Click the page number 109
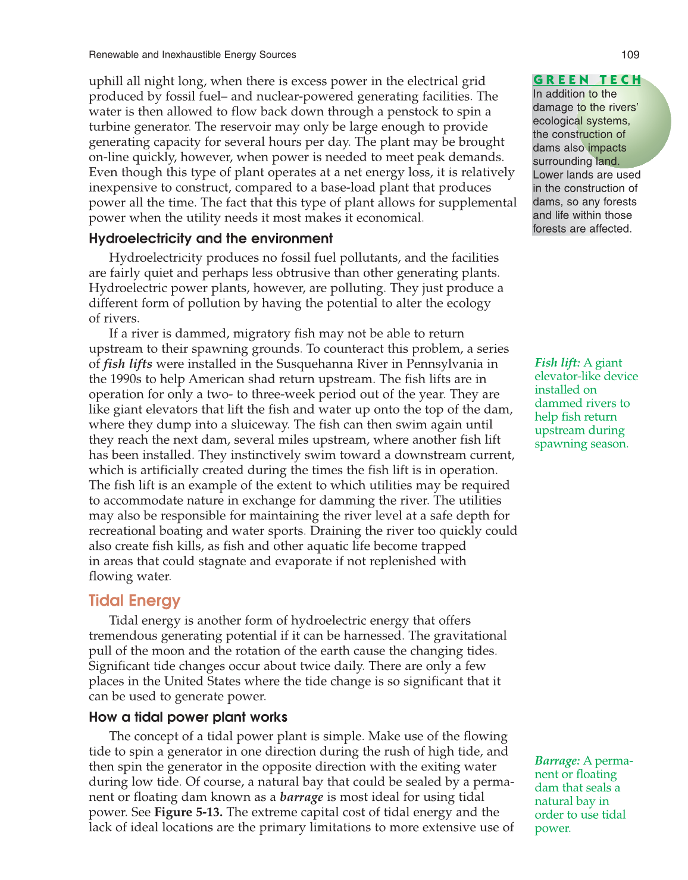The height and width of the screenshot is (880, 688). (630, 55)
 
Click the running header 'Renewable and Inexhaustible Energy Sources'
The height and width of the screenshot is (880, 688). (192, 55)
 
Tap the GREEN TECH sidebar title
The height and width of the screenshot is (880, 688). (587, 80)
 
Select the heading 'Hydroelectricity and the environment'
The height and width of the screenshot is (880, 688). (211, 239)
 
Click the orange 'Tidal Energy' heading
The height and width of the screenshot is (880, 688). (135, 600)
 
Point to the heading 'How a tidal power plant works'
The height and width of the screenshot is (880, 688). (188, 717)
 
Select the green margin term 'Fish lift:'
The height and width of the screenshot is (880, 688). (557, 363)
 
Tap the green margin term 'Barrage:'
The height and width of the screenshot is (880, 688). (557, 761)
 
